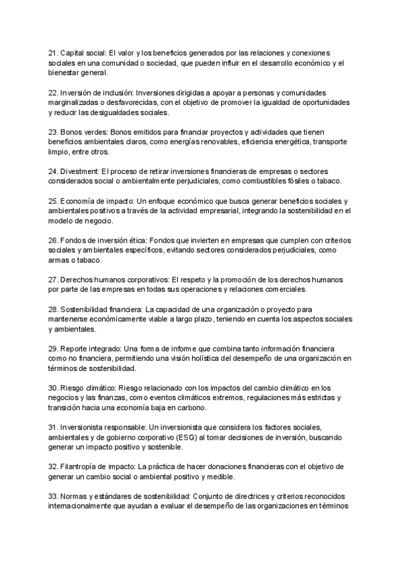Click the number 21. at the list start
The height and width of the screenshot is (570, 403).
tap(53, 53)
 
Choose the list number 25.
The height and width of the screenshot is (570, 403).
tap(53, 201)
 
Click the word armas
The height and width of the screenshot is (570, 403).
tap(58, 259)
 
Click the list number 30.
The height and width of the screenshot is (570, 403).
tap(53, 388)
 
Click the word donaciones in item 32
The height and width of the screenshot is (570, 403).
tap(230, 466)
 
